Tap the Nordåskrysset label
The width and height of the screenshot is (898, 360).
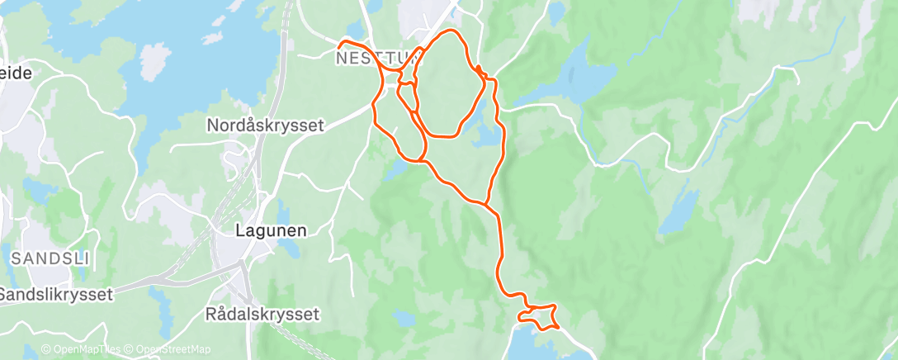click(x=265, y=126)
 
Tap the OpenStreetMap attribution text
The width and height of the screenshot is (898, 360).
click(x=173, y=350)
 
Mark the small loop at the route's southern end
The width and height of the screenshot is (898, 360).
click(x=538, y=316)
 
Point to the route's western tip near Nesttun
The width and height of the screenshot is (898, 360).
click(x=341, y=43)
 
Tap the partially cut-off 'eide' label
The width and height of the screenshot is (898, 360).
click(x=16, y=73)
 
